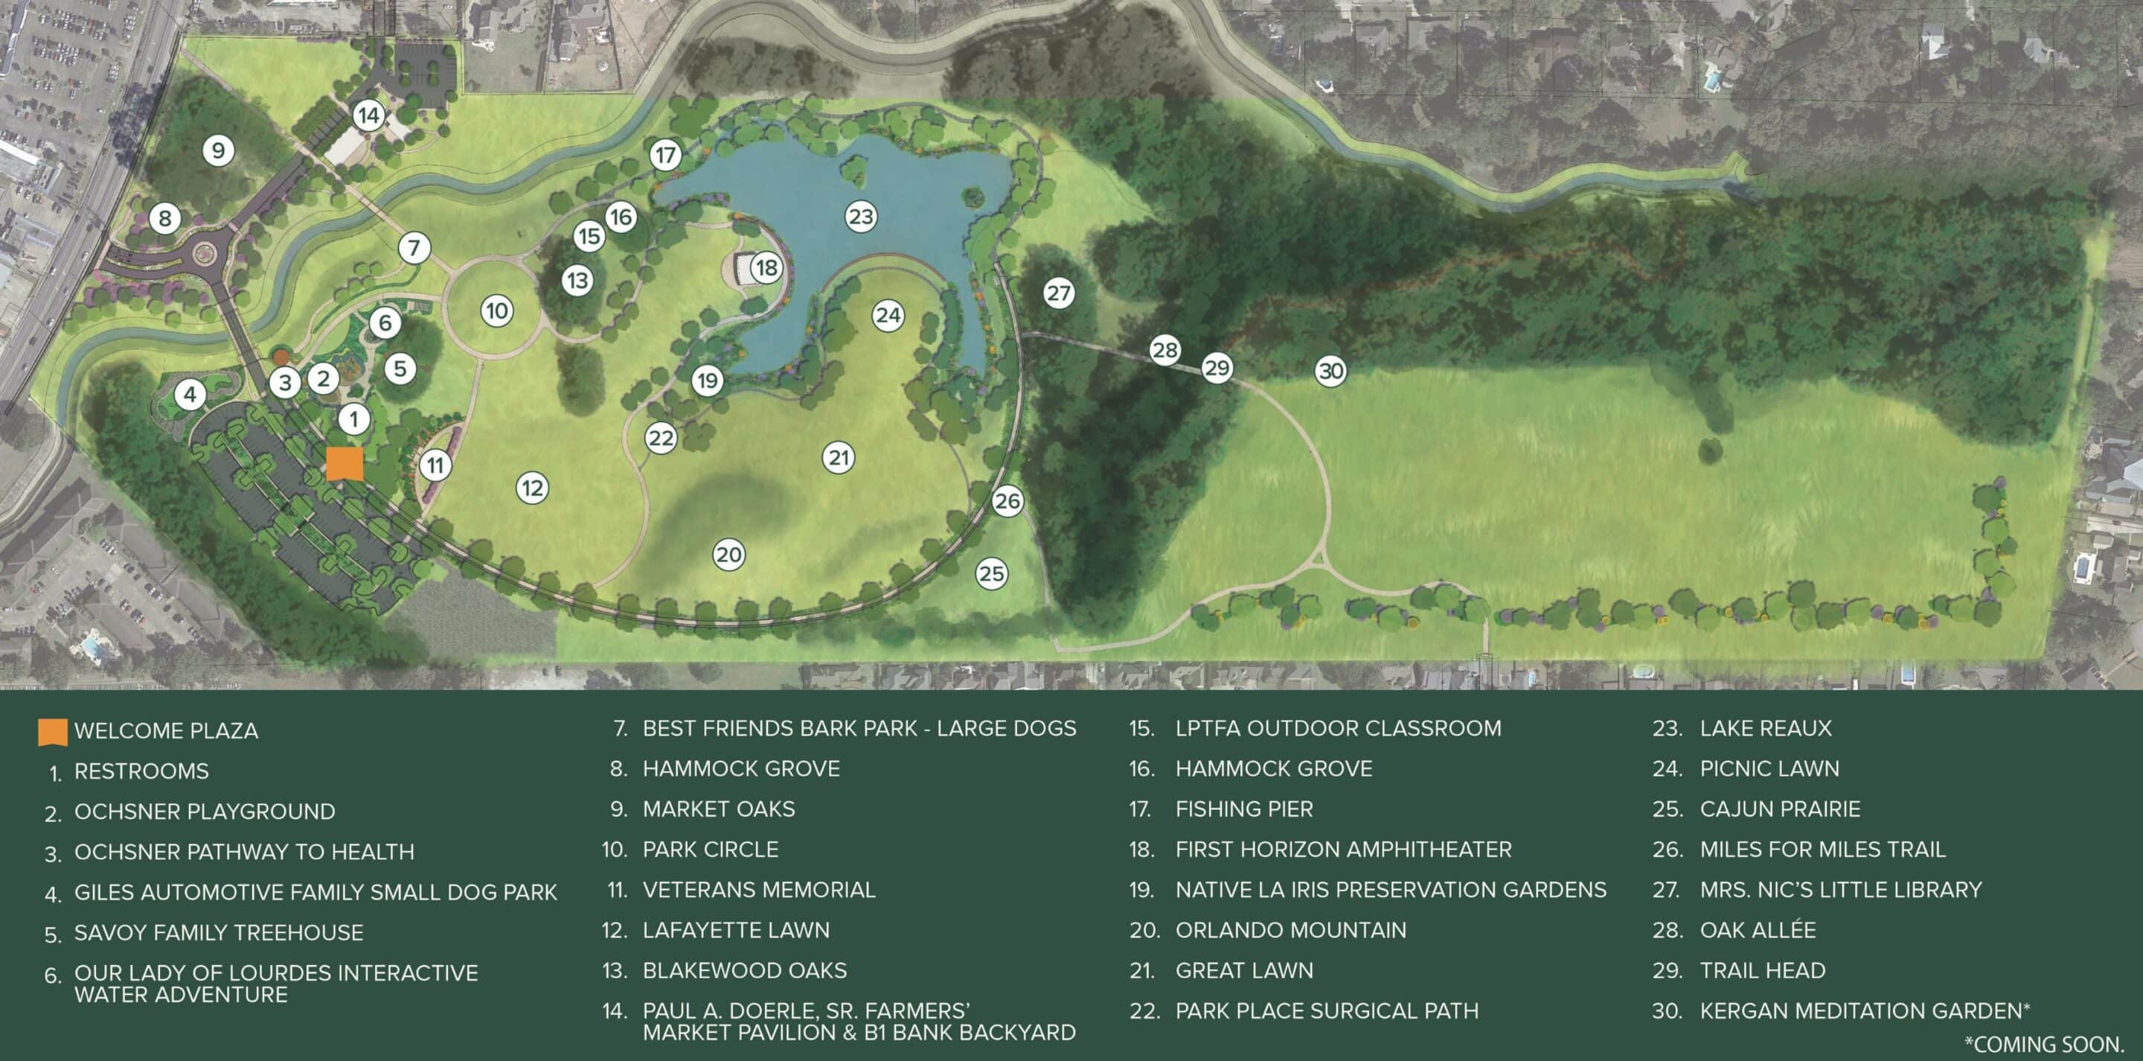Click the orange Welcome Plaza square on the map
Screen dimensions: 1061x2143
[345, 464]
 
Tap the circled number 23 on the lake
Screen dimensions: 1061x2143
[861, 217]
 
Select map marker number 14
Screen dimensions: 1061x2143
[368, 115]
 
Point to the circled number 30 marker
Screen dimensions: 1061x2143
[1331, 370]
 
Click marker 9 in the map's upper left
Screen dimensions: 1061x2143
[218, 150]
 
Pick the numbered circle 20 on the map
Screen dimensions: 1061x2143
[728, 555]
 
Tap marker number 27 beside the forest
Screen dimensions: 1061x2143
[1058, 293]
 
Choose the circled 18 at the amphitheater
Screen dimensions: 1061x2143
[766, 267]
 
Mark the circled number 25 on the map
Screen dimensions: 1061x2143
[992, 573]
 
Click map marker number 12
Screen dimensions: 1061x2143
[533, 488]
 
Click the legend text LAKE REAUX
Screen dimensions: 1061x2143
[1765, 728]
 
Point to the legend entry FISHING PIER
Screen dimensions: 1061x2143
[1243, 809]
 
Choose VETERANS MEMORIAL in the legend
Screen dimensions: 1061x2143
[759, 890]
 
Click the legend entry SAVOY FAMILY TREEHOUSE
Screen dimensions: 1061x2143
[219, 933]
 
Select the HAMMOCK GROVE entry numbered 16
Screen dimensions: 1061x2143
[1273, 768]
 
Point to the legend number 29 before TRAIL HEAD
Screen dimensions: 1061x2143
[1666, 971]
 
